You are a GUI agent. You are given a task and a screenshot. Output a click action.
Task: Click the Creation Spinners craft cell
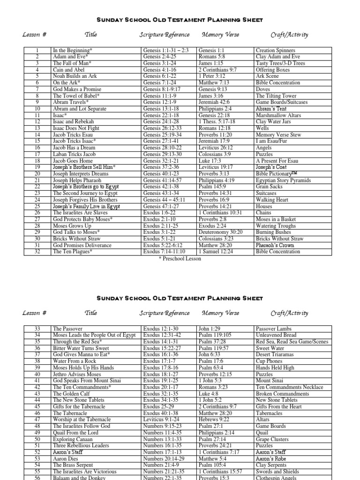[x=276, y=50]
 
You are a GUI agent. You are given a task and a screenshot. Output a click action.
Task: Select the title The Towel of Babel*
[x=73, y=96]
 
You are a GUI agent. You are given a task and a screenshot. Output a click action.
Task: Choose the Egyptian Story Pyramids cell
[x=283, y=180]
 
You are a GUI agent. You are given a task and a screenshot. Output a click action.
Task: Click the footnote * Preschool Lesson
[x=180, y=258]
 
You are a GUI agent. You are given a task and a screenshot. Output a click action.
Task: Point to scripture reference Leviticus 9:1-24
[x=162, y=420]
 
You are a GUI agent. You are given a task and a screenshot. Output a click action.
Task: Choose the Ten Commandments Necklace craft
[x=290, y=387]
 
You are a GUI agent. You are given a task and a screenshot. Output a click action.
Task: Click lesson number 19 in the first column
[x=37, y=167]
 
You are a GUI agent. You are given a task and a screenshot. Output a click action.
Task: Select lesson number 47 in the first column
[x=37, y=420]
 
